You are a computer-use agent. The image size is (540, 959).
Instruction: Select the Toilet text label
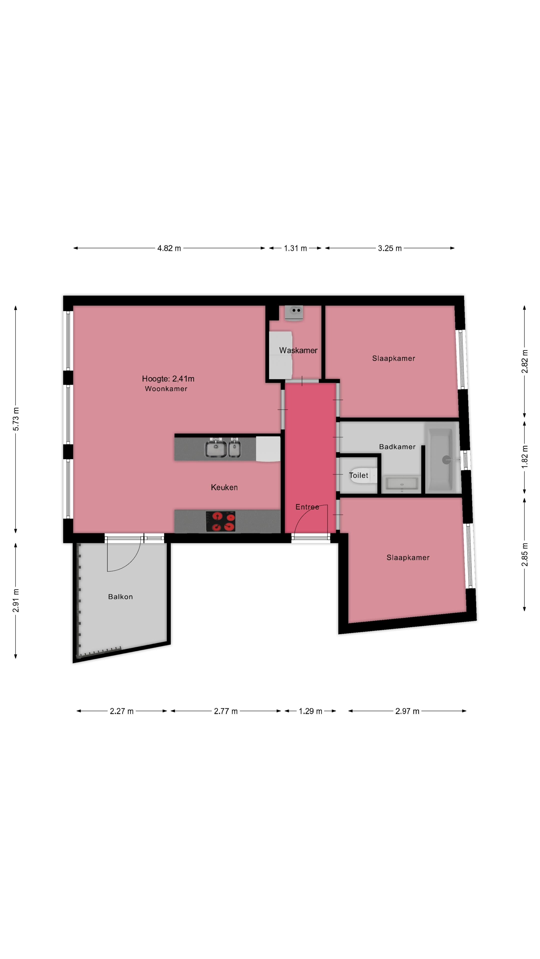(358, 476)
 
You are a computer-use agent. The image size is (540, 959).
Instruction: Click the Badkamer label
(397, 447)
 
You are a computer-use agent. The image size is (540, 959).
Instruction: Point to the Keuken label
(224, 487)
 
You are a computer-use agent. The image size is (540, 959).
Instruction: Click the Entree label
(307, 507)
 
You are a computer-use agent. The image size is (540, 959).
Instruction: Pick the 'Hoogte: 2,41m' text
(168, 379)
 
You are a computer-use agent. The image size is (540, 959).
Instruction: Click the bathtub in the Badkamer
(440, 460)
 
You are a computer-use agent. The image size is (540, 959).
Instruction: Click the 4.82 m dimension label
(169, 248)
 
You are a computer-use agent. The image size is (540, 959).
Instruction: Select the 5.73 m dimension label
(16, 419)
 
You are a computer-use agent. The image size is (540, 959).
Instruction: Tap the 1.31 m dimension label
(295, 248)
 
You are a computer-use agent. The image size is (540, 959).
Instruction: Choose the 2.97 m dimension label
(407, 711)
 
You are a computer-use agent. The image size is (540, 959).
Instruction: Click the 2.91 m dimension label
(16, 600)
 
